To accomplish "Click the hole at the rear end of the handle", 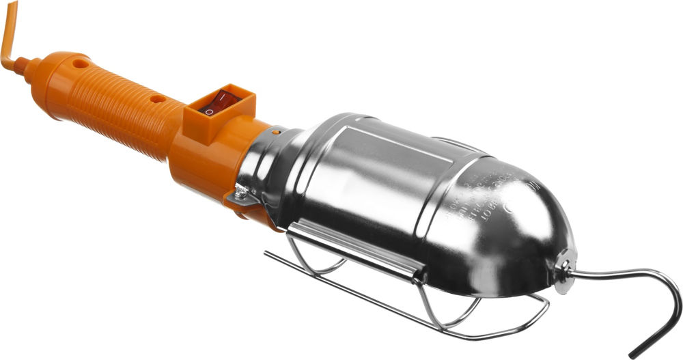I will pos(81,64).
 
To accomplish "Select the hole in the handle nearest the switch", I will pos(158,99).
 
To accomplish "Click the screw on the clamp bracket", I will pos(240,195).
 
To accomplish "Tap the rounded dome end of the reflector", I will pos(540,225).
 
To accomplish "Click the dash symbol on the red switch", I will pos(229,98).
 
